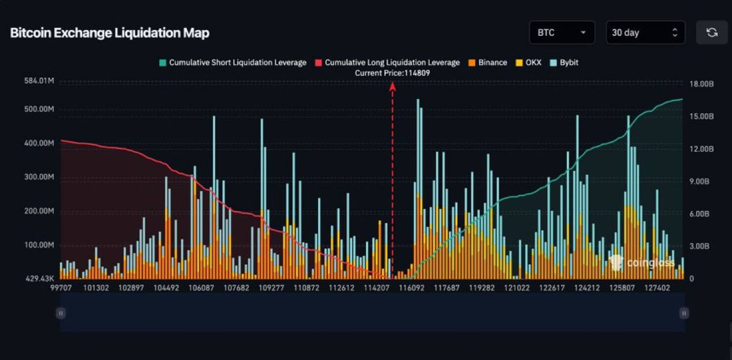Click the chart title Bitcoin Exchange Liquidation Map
pyautogui.click(x=110, y=33)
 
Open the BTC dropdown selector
pyautogui.click(x=562, y=33)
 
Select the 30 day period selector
pyautogui.click(x=645, y=33)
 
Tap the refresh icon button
pyautogui.click(x=712, y=33)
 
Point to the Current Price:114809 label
pyautogui.click(x=393, y=73)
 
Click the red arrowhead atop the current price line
pyautogui.click(x=393, y=86)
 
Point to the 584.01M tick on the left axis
pyautogui.click(x=39, y=81)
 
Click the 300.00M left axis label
pyautogui.click(x=39, y=177)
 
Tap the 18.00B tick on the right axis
pyautogui.click(x=702, y=84)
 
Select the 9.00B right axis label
pyautogui.click(x=702, y=182)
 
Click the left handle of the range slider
pyautogui.click(x=61, y=313)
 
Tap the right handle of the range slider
pyautogui.click(x=684, y=313)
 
